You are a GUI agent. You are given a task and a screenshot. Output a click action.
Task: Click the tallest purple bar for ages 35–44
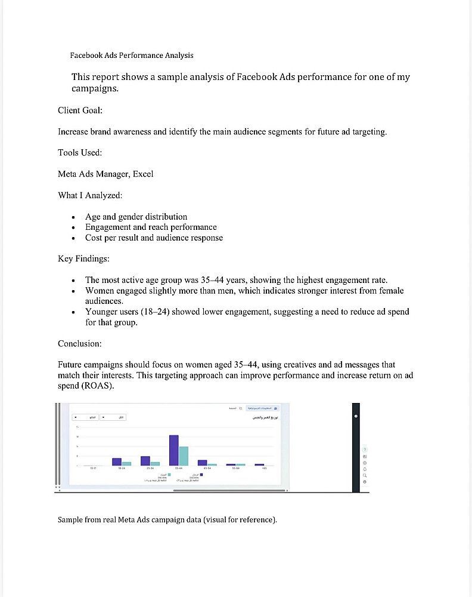[x=174, y=450]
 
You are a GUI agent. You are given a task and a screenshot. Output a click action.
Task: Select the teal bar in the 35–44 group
[x=184, y=456]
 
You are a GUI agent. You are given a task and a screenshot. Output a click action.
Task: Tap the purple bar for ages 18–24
[x=117, y=461]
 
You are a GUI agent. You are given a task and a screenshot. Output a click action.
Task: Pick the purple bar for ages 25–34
[x=145, y=460]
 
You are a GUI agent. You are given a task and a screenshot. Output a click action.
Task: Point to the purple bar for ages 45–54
[x=203, y=463]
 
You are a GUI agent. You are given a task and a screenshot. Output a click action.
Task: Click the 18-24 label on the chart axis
[x=122, y=469]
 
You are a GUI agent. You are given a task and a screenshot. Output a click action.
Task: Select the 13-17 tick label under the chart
[x=93, y=469]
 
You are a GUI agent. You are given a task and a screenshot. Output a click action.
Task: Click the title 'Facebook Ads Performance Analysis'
[x=132, y=56]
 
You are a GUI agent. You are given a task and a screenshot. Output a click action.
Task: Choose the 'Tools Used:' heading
[x=80, y=153]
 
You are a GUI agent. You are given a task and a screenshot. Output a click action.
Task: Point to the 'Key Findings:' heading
[x=83, y=259]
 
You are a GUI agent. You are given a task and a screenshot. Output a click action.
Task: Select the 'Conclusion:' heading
[x=80, y=344]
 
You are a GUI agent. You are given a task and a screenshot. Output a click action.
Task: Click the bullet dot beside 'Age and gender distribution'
[x=73, y=217]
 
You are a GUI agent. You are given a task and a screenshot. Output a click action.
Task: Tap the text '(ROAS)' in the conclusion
[x=97, y=386]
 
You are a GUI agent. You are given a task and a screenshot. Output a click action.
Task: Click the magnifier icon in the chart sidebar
[x=365, y=475]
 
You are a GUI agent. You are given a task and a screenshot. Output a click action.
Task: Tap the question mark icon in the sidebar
[x=365, y=450]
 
